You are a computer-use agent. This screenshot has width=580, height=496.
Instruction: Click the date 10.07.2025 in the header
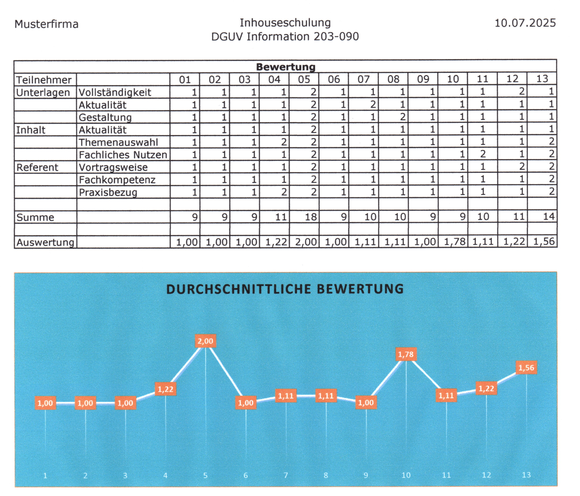pos(525,23)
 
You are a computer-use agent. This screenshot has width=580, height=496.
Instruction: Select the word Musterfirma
pos(46,24)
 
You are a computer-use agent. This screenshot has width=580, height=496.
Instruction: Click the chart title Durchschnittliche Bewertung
pos(285,289)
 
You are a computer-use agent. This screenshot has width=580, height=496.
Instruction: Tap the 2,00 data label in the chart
pos(205,341)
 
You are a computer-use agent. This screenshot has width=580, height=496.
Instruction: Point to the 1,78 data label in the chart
pos(406,354)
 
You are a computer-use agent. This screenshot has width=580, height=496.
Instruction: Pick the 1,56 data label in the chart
pos(526,368)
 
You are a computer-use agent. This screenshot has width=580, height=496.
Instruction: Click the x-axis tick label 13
pos(526,475)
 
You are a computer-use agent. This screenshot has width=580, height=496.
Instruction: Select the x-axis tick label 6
pos(245,475)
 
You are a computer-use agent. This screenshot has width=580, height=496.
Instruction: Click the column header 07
pos(363,79)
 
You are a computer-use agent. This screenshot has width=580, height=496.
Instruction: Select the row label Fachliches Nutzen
pos(123,155)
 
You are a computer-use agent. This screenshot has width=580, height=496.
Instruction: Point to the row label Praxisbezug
pos(108,192)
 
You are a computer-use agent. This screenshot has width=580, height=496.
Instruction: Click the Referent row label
pos(37,167)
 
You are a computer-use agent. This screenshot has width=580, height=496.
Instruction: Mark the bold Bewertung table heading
pos(285,67)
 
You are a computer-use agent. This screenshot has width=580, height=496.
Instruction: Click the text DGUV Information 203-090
pos(285,36)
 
